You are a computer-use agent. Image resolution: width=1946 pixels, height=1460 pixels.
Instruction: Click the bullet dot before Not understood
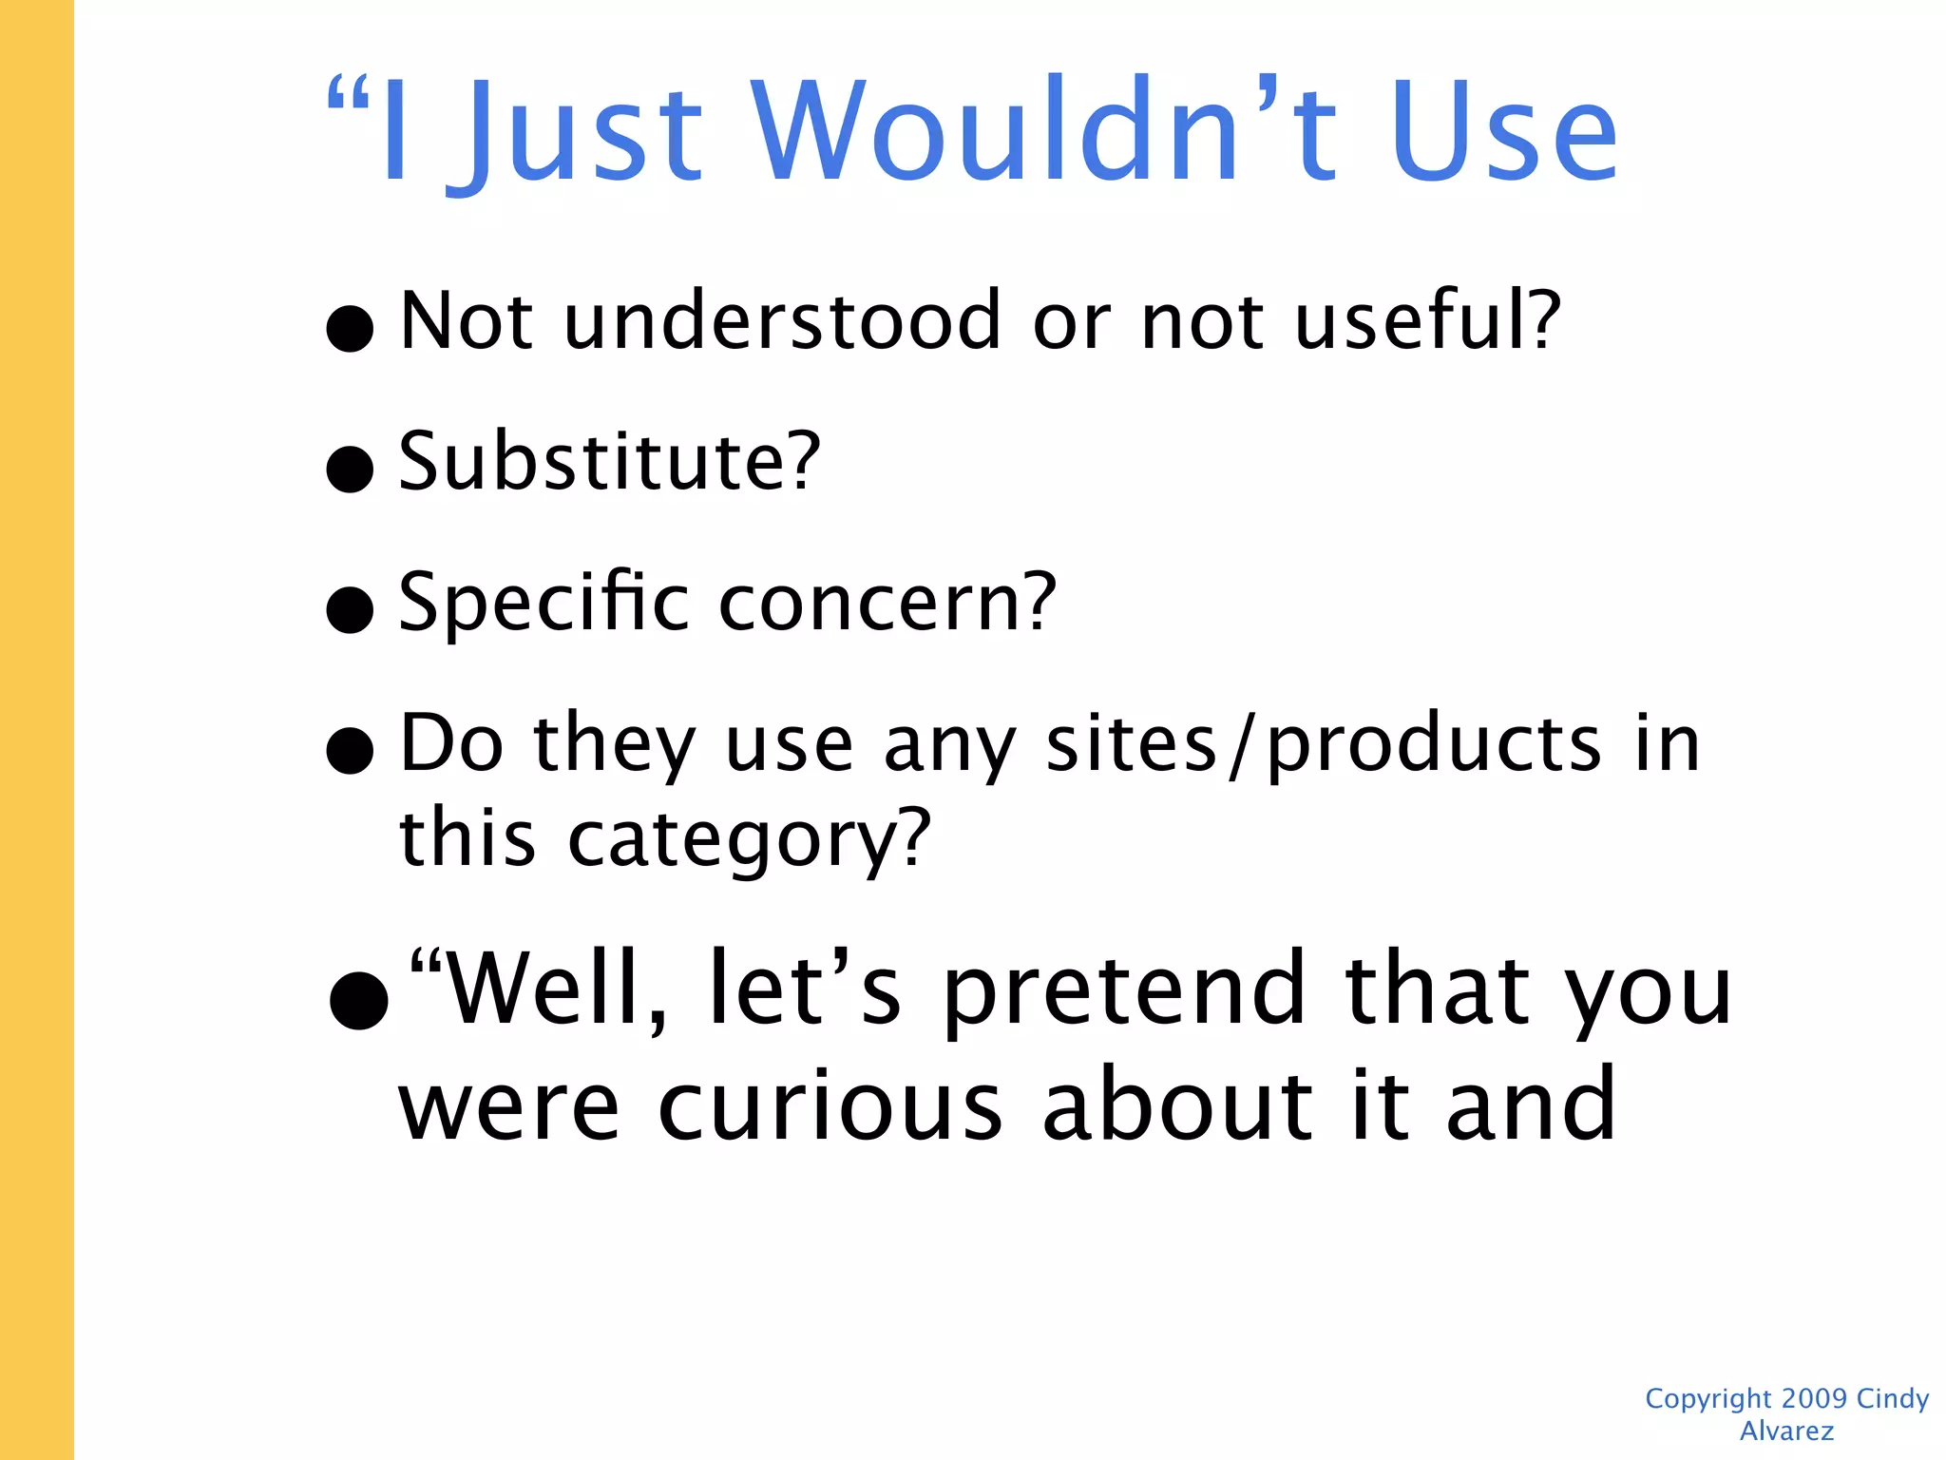point(350,328)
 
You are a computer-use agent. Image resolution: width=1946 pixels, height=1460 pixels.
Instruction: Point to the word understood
point(782,320)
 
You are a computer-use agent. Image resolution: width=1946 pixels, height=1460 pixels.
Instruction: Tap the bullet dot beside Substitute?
point(350,469)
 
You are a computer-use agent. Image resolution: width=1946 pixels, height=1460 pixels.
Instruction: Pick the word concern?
point(887,604)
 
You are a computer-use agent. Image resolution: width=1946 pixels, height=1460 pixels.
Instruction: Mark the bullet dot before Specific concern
point(350,609)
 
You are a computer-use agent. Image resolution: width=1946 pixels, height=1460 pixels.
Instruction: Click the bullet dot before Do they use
point(350,750)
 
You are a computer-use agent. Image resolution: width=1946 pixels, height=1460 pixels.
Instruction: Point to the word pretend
point(1125,991)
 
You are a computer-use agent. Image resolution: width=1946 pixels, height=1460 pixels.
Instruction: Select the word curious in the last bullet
point(830,1106)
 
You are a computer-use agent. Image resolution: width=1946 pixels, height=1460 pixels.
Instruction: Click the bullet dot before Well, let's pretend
point(358,1000)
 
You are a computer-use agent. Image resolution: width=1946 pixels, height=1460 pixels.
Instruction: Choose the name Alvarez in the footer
point(1786,1431)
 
